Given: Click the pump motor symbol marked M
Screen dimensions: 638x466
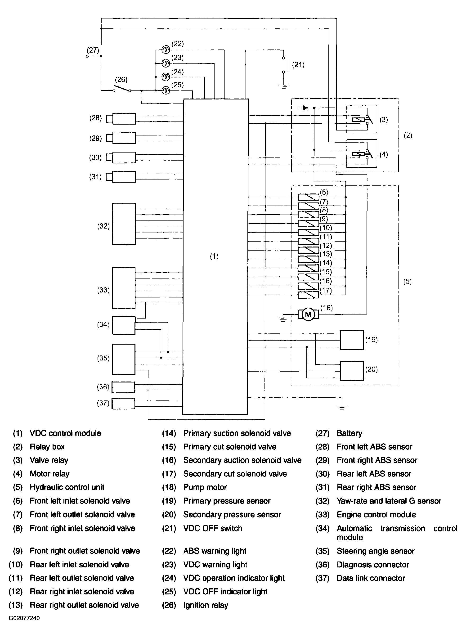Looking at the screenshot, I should tap(308, 314).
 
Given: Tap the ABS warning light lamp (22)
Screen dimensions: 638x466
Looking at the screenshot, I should tap(166, 50).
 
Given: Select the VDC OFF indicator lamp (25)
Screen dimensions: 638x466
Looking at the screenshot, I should tap(166, 90).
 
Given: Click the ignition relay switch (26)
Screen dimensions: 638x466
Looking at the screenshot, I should tap(122, 88).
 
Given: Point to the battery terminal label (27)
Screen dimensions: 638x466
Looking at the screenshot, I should tap(93, 50).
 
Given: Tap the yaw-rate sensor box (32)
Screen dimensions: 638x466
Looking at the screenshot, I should tap(124, 224).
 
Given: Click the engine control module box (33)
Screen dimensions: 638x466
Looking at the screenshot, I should tap(124, 288).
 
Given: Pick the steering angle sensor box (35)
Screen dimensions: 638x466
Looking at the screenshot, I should tap(124, 359).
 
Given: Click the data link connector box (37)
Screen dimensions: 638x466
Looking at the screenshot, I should tap(123, 403).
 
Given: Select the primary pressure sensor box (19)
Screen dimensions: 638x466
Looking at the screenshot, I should tap(352, 340).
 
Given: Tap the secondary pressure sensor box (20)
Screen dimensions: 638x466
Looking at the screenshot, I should tap(352, 371).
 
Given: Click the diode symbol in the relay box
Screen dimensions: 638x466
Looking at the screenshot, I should tap(305, 108).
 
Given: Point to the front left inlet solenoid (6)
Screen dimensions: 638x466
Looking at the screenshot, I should tap(308, 197).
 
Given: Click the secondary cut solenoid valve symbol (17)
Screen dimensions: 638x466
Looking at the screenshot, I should tap(308, 295).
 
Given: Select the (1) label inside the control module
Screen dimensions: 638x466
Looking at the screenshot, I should tap(214, 256).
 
